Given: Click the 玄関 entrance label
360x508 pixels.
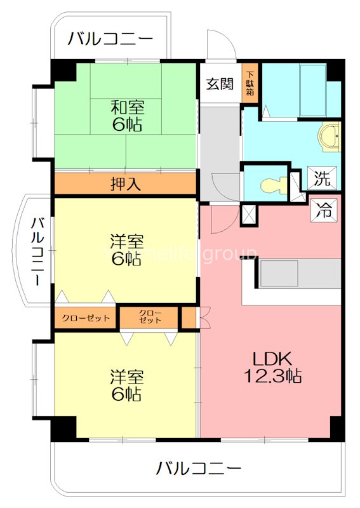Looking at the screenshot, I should point(220,84).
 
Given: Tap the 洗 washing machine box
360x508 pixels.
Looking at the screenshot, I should point(323,178).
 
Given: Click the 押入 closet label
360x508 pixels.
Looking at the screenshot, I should point(125,185).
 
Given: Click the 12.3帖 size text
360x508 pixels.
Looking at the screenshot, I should point(273,376).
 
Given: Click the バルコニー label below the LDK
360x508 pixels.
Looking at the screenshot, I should point(199,469).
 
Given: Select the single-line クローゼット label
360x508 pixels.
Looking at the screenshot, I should point(86,318).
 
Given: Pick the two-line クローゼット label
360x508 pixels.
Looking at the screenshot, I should point(150,317).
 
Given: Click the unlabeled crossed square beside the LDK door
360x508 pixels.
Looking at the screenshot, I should point(250,215).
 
